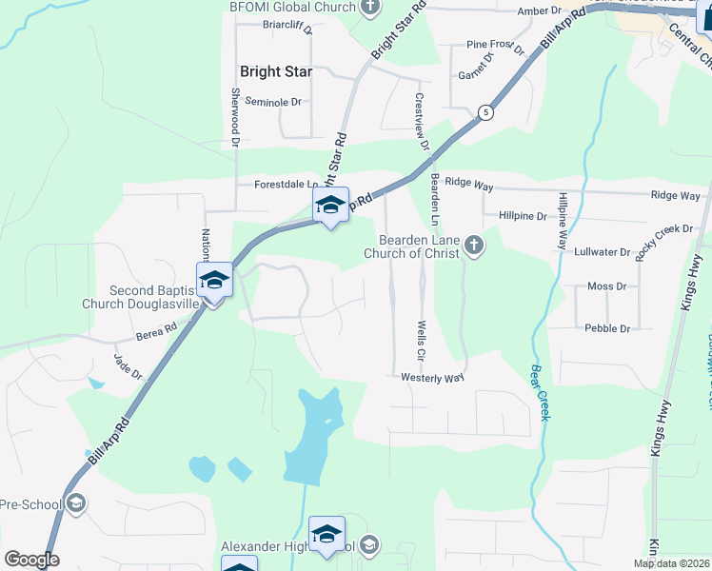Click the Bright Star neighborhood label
click(273, 71)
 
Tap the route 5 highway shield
click(485, 112)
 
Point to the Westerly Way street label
click(432, 378)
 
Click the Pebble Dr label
click(608, 328)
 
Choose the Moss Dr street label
click(606, 285)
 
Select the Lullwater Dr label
click(603, 253)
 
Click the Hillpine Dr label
click(522, 216)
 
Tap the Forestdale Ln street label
click(286, 185)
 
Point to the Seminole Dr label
click(272, 101)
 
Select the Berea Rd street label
click(156, 330)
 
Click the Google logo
click(32, 560)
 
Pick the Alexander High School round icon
click(368, 545)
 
